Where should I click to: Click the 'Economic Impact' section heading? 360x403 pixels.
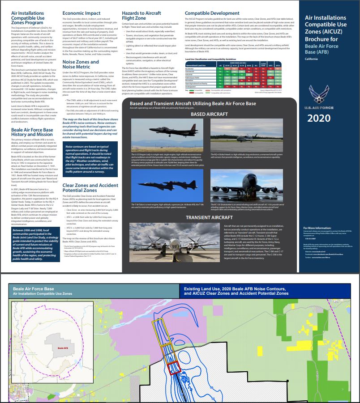pyautogui.click(x=79, y=13)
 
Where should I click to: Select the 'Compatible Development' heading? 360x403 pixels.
pyautogui.click(x=212, y=13)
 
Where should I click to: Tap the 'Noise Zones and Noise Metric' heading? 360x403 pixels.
pyautogui.click(x=81, y=65)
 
